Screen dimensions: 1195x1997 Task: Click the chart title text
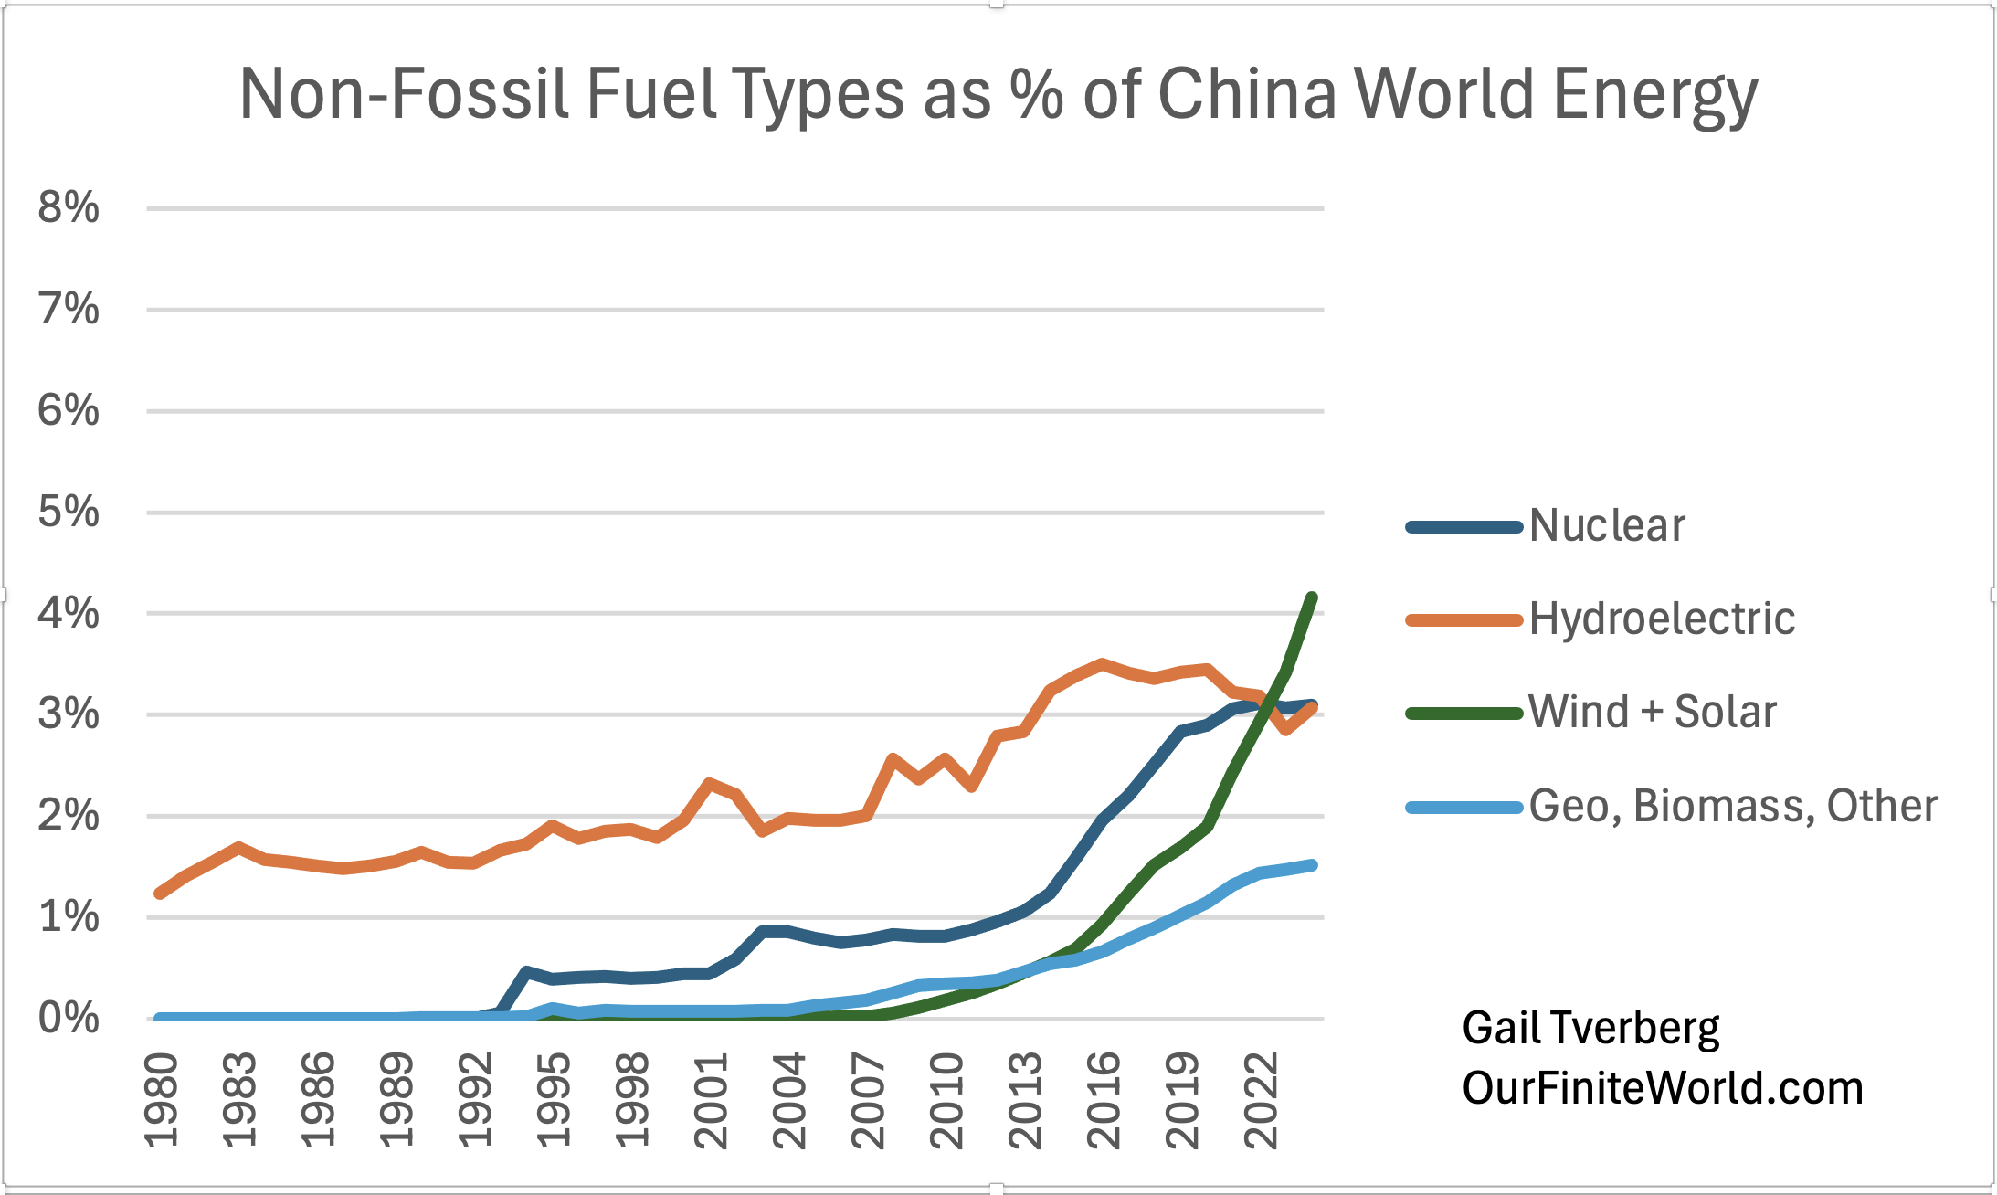tap(998, 94)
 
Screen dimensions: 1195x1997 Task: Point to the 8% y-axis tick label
tap(69, 208)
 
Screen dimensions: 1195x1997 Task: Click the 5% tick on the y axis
tap(69, 513)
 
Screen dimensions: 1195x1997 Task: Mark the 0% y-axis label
tap(69, 1019)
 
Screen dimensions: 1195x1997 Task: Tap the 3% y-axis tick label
tap(69, 714)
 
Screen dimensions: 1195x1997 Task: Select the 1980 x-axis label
tap(162, 1100)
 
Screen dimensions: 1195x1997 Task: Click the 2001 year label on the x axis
tap(711, 1100)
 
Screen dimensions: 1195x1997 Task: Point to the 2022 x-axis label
tap(1262, 1100)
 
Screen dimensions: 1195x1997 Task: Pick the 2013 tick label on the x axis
tap(1025, 1100)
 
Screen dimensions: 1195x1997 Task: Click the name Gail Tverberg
tap(1590, 1029)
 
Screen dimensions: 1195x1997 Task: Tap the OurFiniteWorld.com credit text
tap(1663, 1088)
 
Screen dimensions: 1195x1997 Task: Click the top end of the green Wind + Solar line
tap(1313, 597)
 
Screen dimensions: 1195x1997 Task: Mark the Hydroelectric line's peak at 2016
tap(1104, 664)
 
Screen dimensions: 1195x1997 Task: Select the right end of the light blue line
tap(1313, 865)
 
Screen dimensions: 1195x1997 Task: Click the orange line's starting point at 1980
tap(160, 894)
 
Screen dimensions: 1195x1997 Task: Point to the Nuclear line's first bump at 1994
tap(526, 972)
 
